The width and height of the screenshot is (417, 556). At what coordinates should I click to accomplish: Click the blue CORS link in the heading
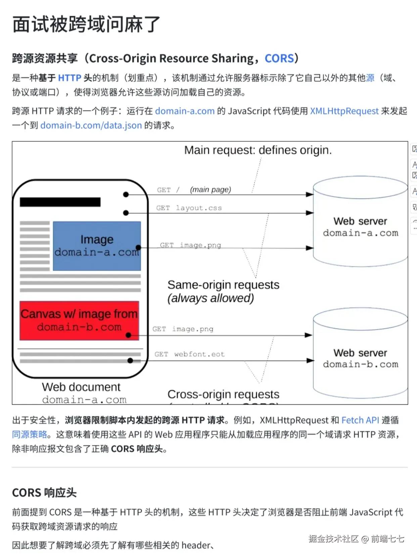pos(279,58)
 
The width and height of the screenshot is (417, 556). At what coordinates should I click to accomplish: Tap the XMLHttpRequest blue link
pos(344,111)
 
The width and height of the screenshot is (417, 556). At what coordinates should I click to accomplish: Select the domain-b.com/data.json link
pos(91,126)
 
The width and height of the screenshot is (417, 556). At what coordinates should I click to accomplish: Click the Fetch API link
pos(360,420)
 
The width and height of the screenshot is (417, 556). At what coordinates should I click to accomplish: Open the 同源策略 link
pos(30,434)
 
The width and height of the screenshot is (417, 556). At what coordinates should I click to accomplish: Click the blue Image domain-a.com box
pos(97,246)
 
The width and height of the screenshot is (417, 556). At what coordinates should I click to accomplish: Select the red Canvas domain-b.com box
pos(79,320)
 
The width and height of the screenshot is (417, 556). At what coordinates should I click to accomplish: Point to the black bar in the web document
pos(60,202)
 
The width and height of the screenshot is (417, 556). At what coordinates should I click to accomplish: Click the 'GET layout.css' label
pos(189,208)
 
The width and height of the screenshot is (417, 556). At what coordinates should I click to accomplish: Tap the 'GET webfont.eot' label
pos(189,354)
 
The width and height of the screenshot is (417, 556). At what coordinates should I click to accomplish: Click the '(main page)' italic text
pos(211,190)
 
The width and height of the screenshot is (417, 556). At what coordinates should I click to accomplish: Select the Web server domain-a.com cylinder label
pos(360,227)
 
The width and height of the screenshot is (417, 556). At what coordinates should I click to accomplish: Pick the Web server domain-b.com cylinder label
pos(360,359)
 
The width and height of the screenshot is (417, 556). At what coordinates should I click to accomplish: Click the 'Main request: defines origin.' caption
pos(258,150)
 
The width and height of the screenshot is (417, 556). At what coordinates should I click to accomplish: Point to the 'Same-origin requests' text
pos(223,285)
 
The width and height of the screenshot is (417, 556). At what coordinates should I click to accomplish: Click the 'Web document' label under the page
pos(81,387)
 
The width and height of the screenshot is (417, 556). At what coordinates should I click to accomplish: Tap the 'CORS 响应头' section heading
pos(44,493)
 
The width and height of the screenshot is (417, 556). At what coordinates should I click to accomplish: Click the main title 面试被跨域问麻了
pos(86,25)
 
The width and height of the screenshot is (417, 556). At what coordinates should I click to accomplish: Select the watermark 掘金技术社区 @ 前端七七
pos(356,539)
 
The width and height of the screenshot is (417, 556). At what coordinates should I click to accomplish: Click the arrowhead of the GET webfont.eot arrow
pos(310,361)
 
